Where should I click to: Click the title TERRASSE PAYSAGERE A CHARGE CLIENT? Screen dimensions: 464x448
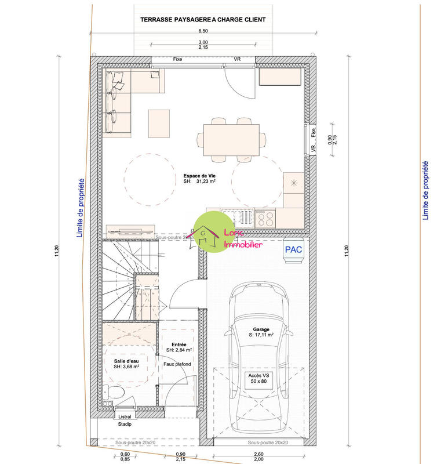point(203,19)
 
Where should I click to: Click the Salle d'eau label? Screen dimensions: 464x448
point(126,363)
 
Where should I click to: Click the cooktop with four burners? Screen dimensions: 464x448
point(265,218)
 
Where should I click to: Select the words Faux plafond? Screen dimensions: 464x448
point(177,364)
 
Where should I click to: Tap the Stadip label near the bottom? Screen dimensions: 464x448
point(125,425)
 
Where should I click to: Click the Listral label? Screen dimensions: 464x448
point(125,416)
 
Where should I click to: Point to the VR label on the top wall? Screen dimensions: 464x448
point(237,59)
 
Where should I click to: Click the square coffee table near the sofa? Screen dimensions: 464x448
point(159,122)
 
